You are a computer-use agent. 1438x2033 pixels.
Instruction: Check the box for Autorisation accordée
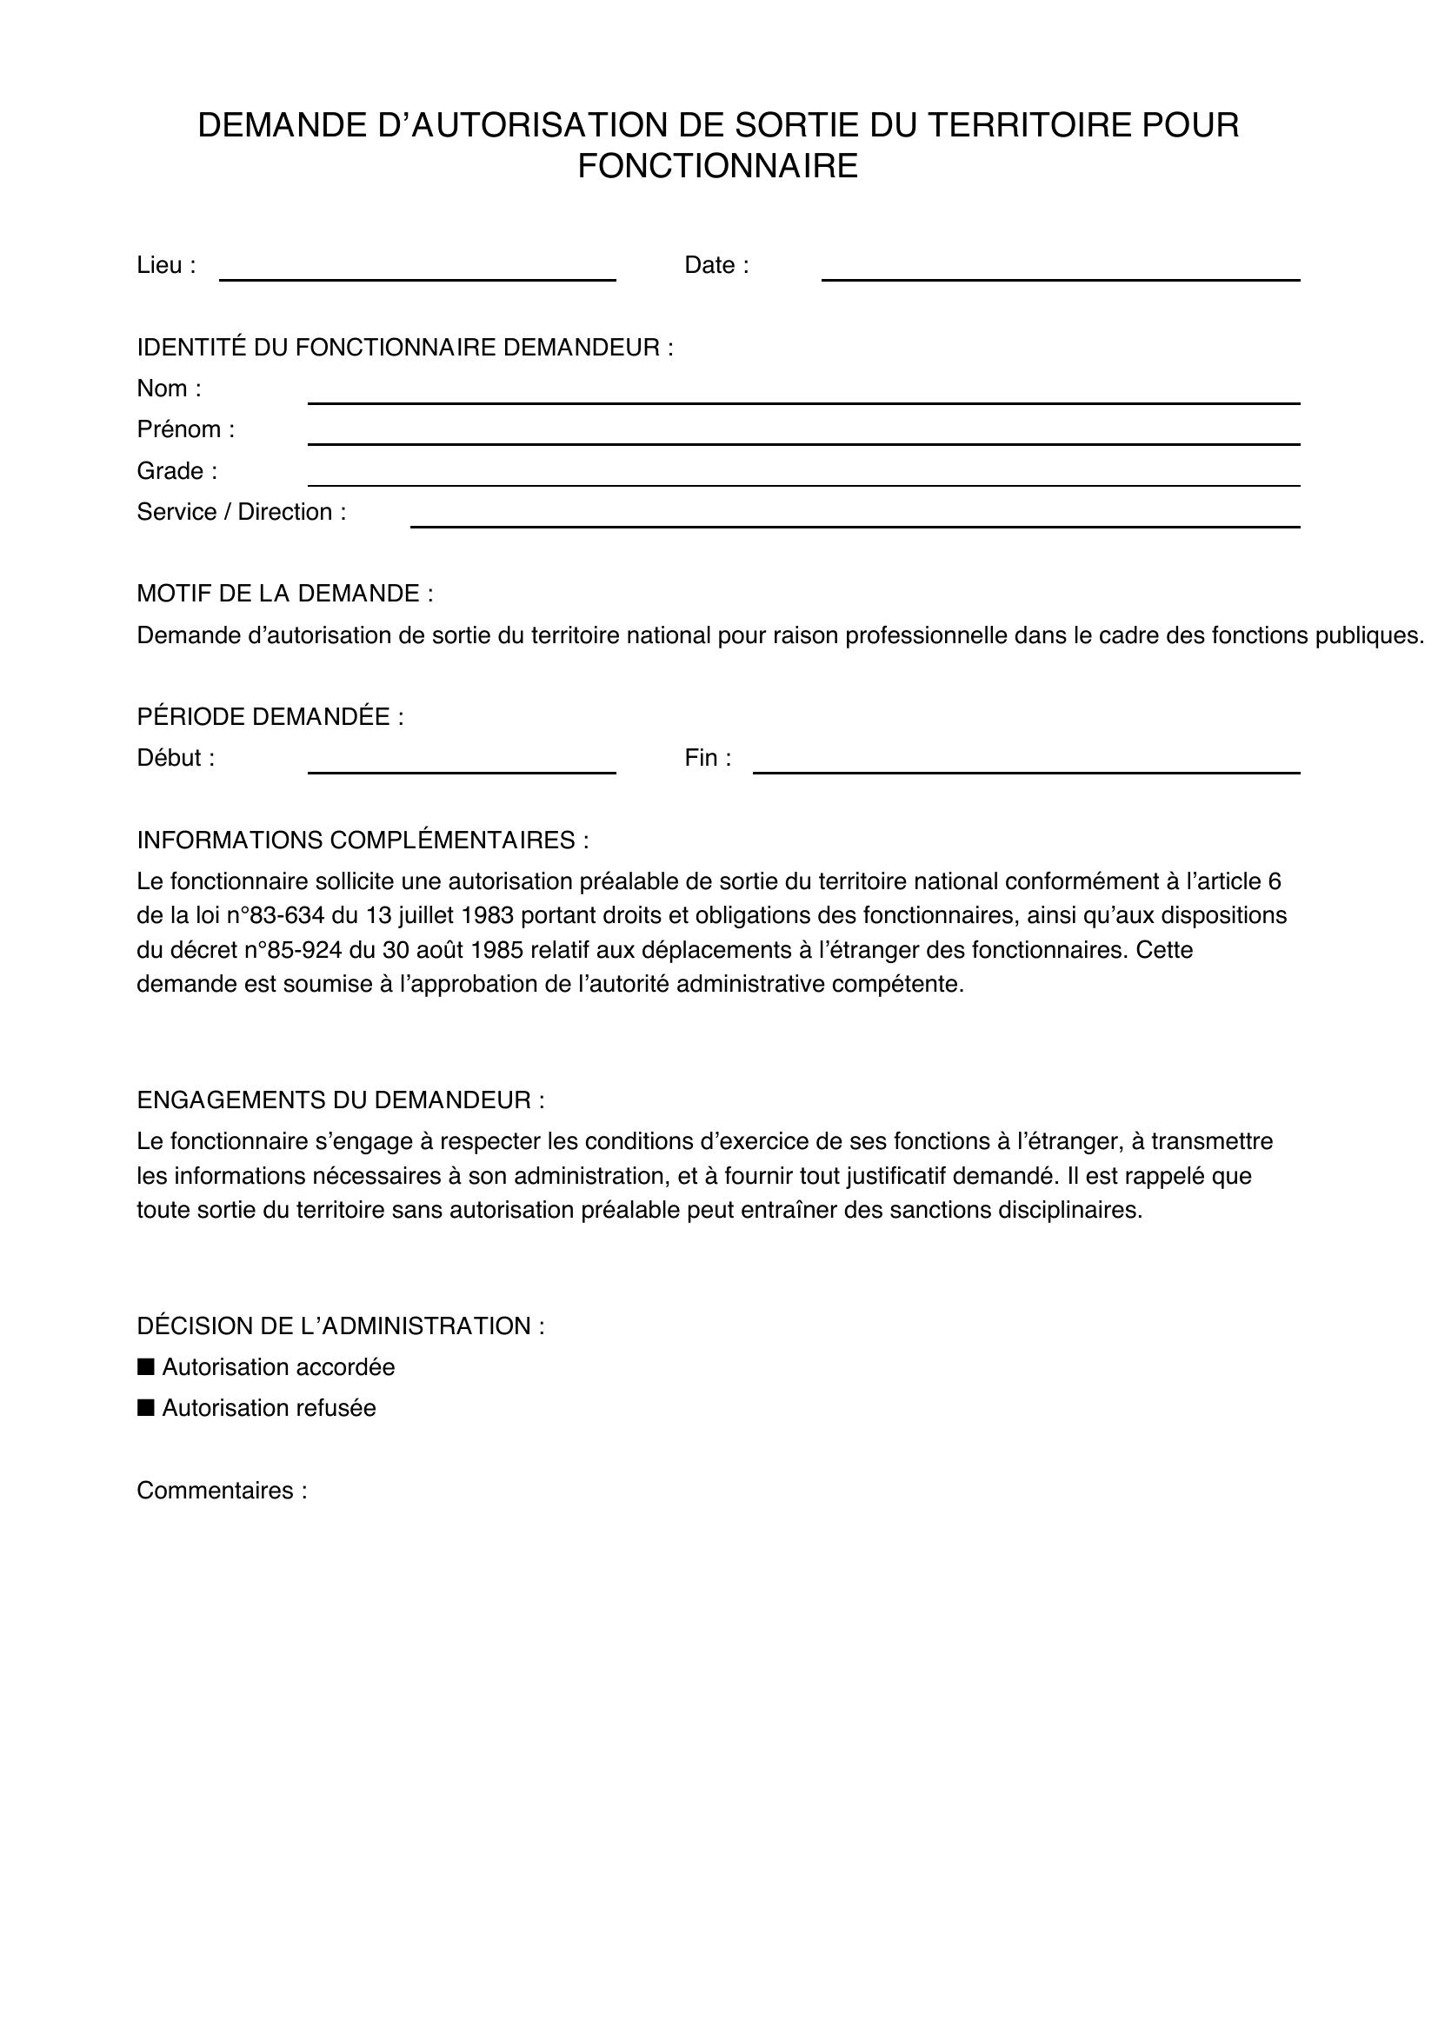146,1366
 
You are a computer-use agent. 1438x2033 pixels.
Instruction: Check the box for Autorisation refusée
146,1407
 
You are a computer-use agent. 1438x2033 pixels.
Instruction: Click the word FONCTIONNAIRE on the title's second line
717,167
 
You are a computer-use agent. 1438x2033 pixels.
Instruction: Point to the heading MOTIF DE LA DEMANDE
284,594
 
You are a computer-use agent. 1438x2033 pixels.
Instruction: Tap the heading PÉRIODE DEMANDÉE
270,716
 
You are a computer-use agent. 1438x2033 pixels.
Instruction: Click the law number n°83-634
283,914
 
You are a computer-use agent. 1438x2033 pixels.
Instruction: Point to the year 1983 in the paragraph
489,914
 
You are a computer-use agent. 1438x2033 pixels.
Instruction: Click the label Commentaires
222,1491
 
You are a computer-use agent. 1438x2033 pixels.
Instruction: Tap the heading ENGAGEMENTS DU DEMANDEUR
340,1100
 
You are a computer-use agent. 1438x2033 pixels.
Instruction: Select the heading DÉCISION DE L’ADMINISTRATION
340,1325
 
